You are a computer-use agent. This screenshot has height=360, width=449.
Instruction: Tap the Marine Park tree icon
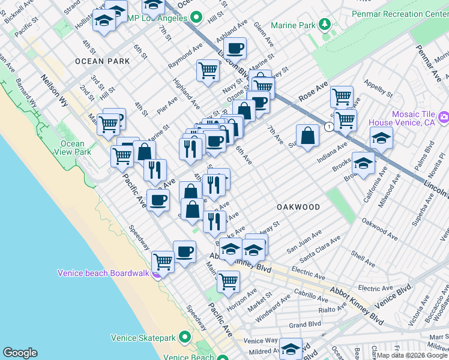pyautogui.click(x=325, y=25)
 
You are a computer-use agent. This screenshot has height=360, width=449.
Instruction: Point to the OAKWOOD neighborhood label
pyautogui.click(x=298, y=206)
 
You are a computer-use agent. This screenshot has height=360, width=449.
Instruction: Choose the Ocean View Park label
pyautogui.click(x=76, y=148)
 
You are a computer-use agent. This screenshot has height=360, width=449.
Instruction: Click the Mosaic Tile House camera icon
pyautogui.click(x=444, y=116)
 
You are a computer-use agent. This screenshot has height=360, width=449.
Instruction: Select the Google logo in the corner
pyautogui.click(x=20, y=353)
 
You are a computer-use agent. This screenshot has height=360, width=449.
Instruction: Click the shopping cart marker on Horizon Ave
pyautogui.click(x=228, y=280)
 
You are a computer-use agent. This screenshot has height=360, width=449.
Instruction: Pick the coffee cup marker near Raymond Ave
pyautogui.click(x=235, y=47)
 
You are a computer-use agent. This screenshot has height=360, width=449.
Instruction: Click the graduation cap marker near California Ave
pyautogui.click(x=363, y=163)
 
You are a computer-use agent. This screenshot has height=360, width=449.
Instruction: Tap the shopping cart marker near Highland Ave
pyautogui.click(x=208, y=70)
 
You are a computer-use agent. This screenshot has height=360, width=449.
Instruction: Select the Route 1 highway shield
pyautogui.click(x=330, y=127)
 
